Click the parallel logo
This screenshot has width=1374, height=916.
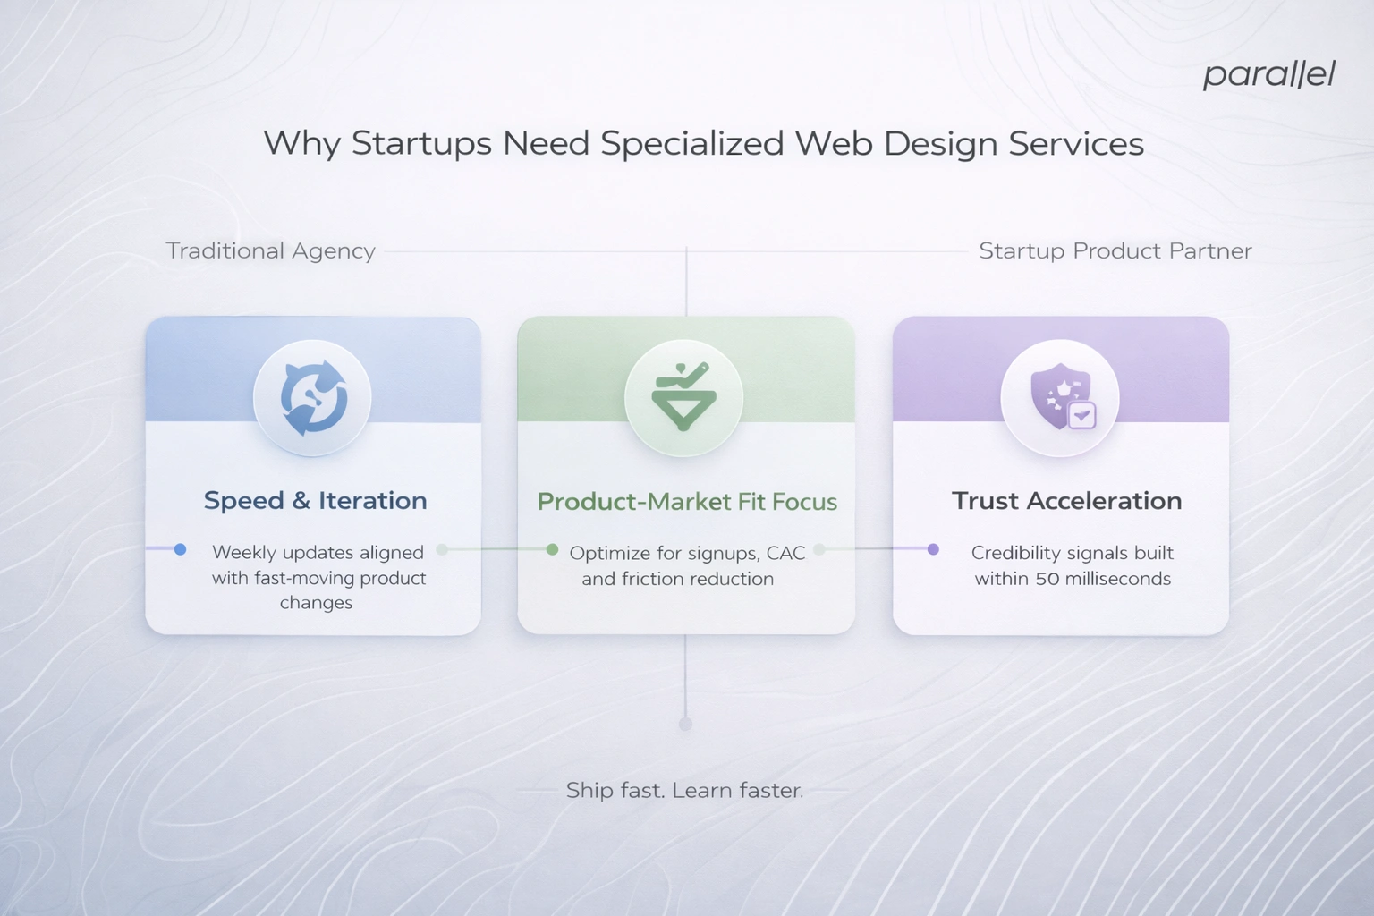(1268, 74)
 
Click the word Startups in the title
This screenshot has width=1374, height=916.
(421, 143)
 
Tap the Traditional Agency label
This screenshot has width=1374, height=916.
(270, 250)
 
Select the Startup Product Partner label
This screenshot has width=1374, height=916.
(1115, 250)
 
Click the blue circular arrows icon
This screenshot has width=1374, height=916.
(313, 397)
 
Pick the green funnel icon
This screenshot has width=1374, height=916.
(684, 397)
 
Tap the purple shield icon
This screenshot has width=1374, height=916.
(1061, 397)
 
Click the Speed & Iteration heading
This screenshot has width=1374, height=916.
(315, 500)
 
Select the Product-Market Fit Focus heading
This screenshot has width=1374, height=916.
(687, 501)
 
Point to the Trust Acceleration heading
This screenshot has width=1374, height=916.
(1066, 500)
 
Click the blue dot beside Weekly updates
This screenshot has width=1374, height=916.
(180, 549)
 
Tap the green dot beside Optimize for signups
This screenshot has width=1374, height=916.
(552, 549)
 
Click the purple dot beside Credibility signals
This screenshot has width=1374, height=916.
(933, 549)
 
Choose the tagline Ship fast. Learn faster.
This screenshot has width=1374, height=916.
(684, 790)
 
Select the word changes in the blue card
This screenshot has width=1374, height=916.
(316, 603)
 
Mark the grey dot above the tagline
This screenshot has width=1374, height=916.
(685, 724)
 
